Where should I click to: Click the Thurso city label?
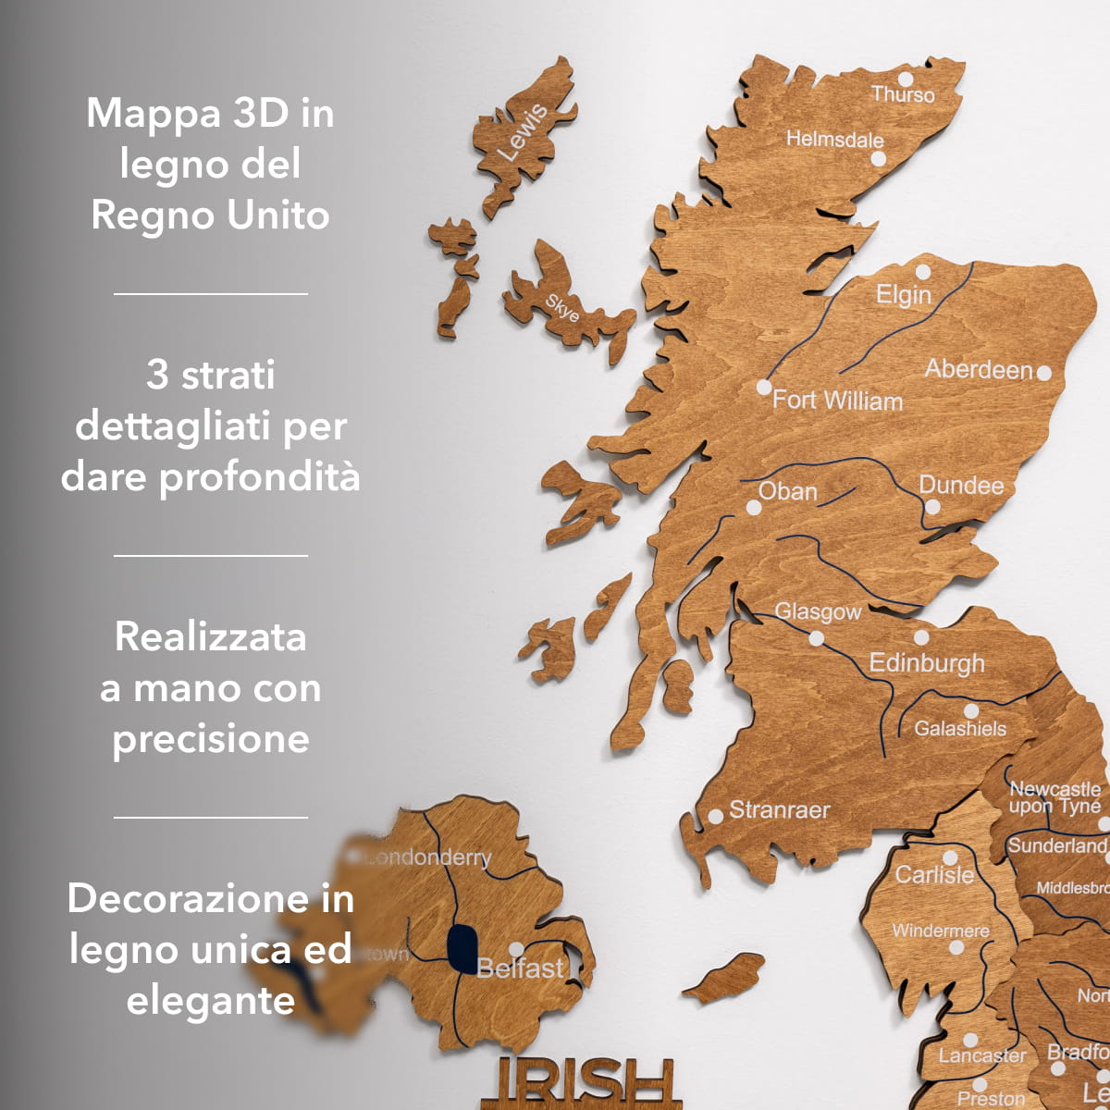click(903, 94)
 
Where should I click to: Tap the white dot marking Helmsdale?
click(879, 158)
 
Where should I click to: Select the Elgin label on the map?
click(904, 295)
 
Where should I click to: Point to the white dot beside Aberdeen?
click(1044, 373)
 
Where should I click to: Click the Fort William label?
click(837, 401)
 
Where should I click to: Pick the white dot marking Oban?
click(754, 508)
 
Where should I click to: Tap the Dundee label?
click(961, 486)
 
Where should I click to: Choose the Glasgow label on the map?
click(818, 611)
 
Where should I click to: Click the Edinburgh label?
click(927, 663)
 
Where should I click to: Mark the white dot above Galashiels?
click(971, 711)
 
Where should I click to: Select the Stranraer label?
click(779, 810)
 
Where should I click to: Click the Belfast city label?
click(520, 968)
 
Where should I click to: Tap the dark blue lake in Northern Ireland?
click(461, 947)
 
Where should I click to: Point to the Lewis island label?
click(523, 131)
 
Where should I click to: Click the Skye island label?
click(562, 308)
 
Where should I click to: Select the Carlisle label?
click(934, 874)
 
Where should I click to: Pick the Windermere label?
click(940, 931)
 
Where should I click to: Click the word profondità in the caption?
click(260, 477)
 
